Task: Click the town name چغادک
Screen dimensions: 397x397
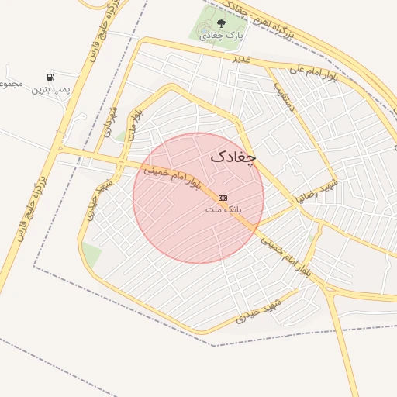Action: (233, 156)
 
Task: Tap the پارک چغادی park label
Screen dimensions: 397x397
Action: (221, 36)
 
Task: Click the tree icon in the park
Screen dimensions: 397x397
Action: (222, 24)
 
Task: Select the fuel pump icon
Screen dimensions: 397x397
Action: (50, 77)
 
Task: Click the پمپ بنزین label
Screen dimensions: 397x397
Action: (50, 90)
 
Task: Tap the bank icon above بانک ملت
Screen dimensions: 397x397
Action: (223, 198)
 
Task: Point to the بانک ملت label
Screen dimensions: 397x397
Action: (224, 209)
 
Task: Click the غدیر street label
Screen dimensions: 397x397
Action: (242, 58)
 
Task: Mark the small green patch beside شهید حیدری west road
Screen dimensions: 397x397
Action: (91, 254)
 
